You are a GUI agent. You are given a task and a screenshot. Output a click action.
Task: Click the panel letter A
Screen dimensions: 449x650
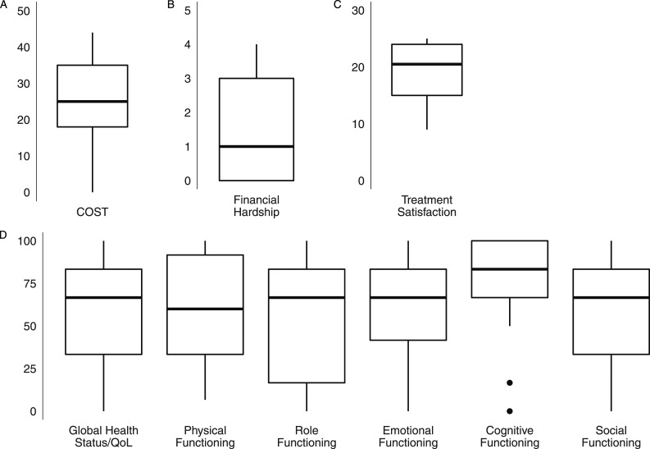click(4, 5)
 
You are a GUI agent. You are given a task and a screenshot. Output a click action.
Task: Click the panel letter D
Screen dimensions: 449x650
click(4, 235)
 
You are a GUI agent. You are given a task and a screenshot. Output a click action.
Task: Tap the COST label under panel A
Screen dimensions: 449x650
click(93, 212)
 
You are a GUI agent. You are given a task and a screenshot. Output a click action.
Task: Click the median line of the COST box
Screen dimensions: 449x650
click(93, 102)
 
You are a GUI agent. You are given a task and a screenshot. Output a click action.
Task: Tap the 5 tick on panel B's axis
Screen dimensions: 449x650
click(189, 11)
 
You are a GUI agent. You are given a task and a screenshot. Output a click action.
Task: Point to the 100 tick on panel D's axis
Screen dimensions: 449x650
click(30, 241)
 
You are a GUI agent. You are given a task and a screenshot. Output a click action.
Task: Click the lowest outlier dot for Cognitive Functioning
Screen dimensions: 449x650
click(510, 410)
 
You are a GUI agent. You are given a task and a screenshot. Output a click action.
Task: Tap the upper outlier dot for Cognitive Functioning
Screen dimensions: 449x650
click(510, 383)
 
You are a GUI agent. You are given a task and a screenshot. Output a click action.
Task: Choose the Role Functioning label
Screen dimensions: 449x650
click(307, 436)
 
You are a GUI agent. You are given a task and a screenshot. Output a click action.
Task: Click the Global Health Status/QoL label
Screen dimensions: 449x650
click(104, 436)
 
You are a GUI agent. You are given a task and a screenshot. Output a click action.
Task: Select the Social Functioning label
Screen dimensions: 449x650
click(612, 436)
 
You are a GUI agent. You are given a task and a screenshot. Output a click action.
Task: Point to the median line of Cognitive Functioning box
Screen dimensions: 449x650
click(510, 269)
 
